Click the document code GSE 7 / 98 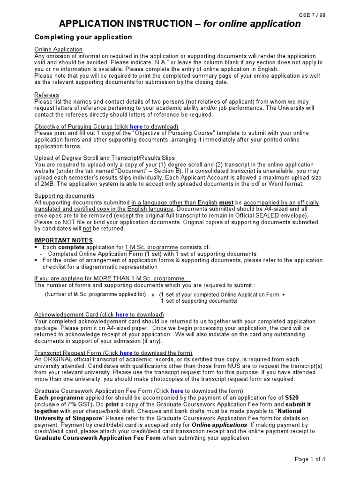pos(312,15)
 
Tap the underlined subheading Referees pos(46,95)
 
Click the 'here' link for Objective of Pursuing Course pos(136,127)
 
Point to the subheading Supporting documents pos(64,196)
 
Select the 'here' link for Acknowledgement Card pos(121,315)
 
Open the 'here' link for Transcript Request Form pos(126,353)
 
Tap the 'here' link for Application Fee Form pos(177,391)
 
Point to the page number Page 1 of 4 pos(309,459)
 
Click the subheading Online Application pos(58,50)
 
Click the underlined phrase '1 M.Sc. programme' pos(151,247)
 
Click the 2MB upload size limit pos(43,184)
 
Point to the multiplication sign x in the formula pos(153,295)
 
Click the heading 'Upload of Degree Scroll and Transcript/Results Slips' pos(105,158)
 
